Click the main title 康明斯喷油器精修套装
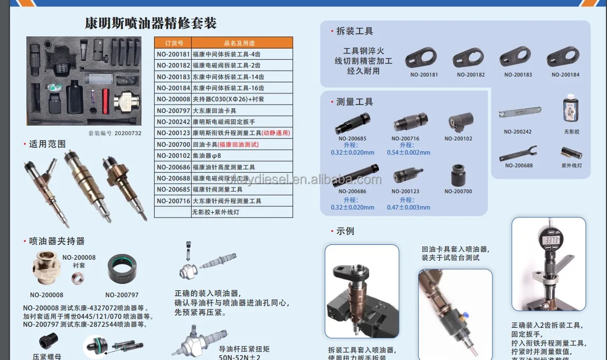click(x=151, y=23)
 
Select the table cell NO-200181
click(x=173, y=54)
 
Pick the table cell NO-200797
click(x=173, y=110)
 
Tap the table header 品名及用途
click(x=242, y=43)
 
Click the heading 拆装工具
click(x=354, y=31)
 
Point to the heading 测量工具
click(x=354, y=102)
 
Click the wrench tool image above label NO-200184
click(x=563, y=56)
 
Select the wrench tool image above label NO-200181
click(x=421, y=57)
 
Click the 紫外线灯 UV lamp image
click(x=571, y=153)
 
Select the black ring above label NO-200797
click(x=124, y=269)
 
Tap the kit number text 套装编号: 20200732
click(x=115, y=133)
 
